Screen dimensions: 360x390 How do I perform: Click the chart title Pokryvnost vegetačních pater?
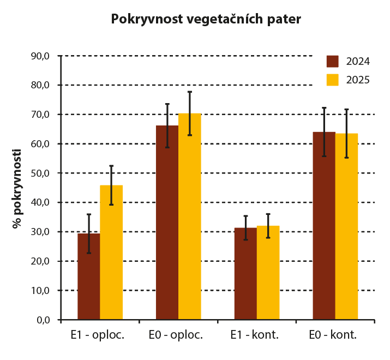[x=206, y=20]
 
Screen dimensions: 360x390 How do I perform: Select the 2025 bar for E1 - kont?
[x=268, y=273]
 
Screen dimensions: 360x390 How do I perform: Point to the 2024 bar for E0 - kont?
[x=324, y=226]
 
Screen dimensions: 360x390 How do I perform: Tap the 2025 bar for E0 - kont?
[x=346, y=226]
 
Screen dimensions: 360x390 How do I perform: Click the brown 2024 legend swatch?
[x=333, y=61]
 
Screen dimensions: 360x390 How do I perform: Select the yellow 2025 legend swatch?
[x=333, y=80]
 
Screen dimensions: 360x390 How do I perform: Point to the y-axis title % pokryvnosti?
[x=18, y=189]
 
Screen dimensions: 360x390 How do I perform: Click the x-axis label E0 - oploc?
[x=179, y=335]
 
